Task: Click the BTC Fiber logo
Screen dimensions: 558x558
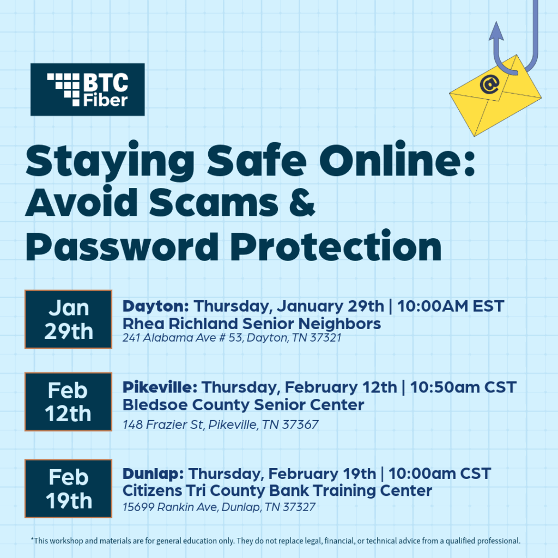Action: click(x=87, y=89)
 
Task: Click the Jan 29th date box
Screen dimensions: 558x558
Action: click(x=68, y=319)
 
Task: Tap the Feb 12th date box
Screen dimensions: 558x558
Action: click(x=68, y=402)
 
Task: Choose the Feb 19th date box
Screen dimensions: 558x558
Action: click(x=68, y=489)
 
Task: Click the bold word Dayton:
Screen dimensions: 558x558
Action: click(x=156, y=306)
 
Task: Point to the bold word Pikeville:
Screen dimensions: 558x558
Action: click(x=160, y=388)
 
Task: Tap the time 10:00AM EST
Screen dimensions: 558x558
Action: click(x=451, y=306)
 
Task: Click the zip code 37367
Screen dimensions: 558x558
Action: click(x=300, y=424)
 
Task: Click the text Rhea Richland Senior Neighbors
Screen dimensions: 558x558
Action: click(x=251, y=324)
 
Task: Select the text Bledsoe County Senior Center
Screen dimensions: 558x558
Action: click(x=243, y=405)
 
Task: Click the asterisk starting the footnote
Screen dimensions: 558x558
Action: click(x=32, y=540)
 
